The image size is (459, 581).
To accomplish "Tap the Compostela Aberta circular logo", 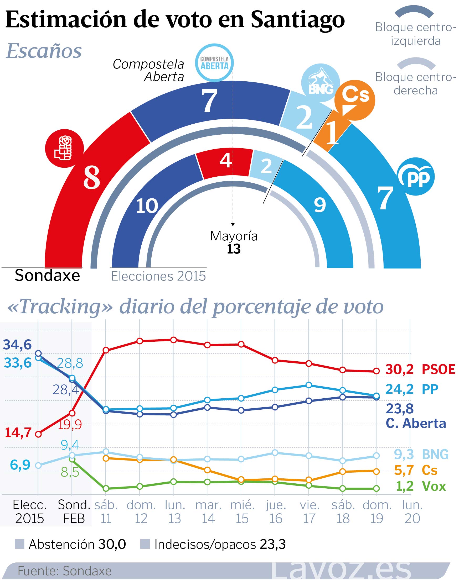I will pyautogui.click(x=214, y=63).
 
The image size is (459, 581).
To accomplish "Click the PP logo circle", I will pyautogui.click(x=416, y=176).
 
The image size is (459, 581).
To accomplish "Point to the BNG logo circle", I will pyautogui.click(x=320, y=83).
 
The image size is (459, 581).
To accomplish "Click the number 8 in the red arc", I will pyautogui.click(x=92, y=177).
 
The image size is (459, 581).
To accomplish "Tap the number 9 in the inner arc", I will pyautogui.click(x=320, y=205).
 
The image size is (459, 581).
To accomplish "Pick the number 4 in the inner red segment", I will pyautogui.click(x=225, y=161).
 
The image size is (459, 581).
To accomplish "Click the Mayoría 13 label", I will pyautogui.click(x=234, y=242).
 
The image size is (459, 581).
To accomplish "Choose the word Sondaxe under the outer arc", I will pyautogui.click(x=47, y=275).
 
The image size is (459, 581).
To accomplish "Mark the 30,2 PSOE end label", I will pyautogui.click(x=420, y=369).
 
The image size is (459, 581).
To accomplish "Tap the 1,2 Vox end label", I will pyautogui.click(x=421, y=486).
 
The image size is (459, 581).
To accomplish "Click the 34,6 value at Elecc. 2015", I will pyautogui.click(x=17, y=345).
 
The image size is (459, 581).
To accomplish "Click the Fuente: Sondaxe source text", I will pyautogui.click(x=64, y=571).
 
